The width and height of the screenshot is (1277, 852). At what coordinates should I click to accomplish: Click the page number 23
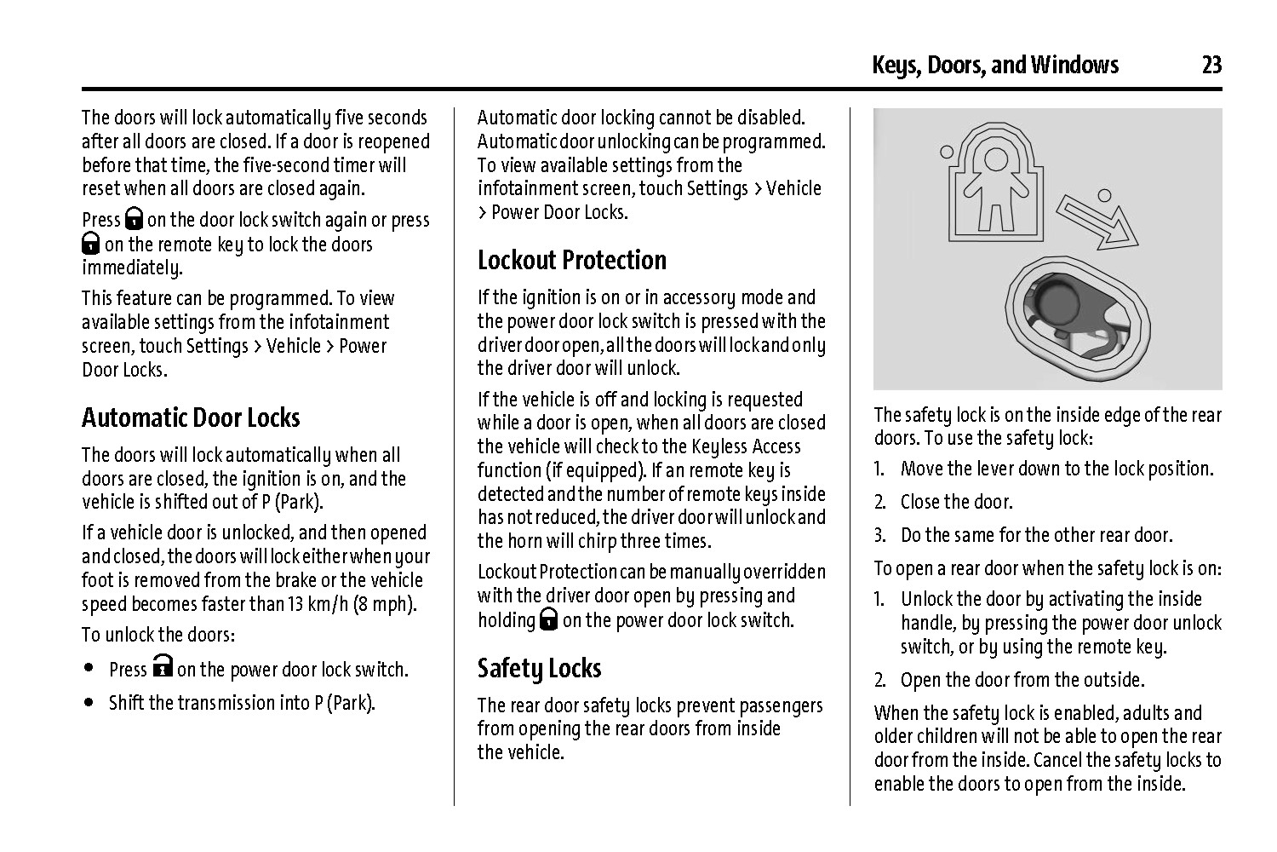1211,65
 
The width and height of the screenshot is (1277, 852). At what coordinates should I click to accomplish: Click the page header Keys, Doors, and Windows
995,65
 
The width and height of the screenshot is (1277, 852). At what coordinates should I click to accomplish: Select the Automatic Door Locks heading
191,417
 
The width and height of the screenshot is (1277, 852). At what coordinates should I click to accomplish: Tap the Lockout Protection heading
571,260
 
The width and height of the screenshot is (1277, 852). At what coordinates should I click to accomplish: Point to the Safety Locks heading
539,668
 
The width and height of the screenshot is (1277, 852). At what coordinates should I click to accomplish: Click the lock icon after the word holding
548,619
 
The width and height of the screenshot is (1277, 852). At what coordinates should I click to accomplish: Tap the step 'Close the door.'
957,502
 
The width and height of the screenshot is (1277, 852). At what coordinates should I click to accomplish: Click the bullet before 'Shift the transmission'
89,703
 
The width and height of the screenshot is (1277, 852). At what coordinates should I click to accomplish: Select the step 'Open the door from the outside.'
1022,680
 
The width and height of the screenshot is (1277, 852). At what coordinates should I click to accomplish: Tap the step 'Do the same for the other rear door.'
1036,535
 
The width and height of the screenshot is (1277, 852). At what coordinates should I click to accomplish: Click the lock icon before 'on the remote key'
91,244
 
